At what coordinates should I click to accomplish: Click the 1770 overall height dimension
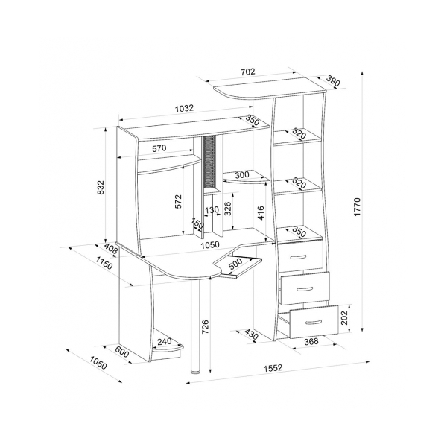pyautogui.click(x=358, y=206)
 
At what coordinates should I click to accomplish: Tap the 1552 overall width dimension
pyautogui.click(x=273, y=368)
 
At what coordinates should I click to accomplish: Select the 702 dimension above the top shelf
pyautogui.click(x=247, y=72)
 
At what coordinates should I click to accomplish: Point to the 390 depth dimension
pyautogui.click(x=333, y=80)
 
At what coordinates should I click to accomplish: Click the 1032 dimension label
pyautogui.click(x=184, y=109)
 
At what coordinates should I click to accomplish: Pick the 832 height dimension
pyautogui.click(x=101, y=187)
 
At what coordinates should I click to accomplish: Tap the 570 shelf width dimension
pyautogui.click(x=159, y=148)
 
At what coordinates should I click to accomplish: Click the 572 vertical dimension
pyautogui.click(x=178, y=201)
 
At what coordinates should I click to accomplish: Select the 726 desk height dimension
pyautogui.click(x=205, y=327)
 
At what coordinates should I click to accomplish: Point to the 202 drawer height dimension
pyautogui.click(x=344, y=317)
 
